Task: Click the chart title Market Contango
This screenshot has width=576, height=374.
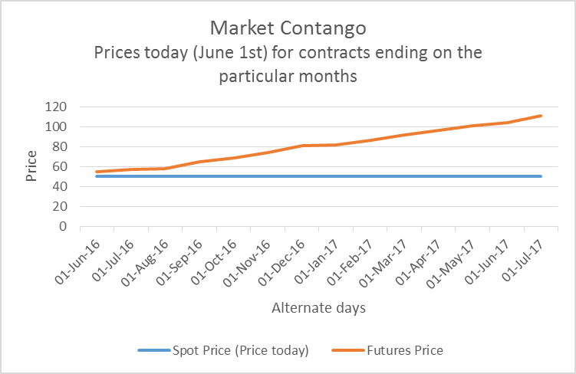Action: click(x=288, y=28)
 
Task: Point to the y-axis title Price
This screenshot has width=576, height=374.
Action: click(x=31, y=166)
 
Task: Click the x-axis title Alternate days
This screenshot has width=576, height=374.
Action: click(x=318, y=308)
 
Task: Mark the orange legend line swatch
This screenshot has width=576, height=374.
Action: click(x=350, y=350)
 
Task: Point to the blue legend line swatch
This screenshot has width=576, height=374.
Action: click(x=156, y=350)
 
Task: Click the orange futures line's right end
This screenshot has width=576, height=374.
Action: click(x=541, y=116)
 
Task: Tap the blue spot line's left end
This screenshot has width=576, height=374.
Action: click(x=95, y=176)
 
